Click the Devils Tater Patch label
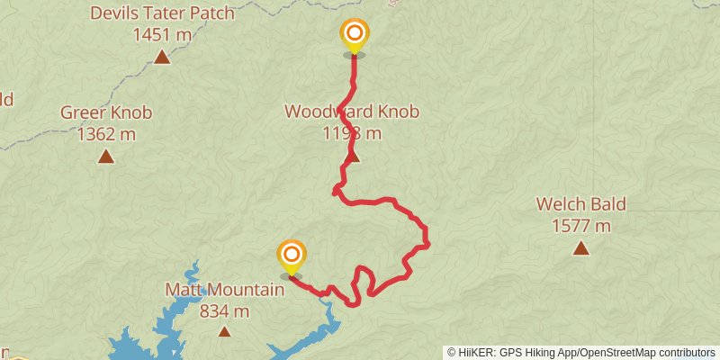point(162,13)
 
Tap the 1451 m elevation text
point(162,35)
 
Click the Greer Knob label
point(106,112)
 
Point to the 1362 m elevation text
point(106,134)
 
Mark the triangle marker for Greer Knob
point(106,157)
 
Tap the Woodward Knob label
point(352,112)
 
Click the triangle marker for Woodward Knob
point(353,157)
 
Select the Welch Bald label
point(580,203)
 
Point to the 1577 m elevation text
point(580,225)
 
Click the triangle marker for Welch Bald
point(580,247)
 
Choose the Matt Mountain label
point(224,290)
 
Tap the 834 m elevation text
point(224,311)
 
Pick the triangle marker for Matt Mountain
point(224,331)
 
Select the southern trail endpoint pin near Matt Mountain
point(291,256)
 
